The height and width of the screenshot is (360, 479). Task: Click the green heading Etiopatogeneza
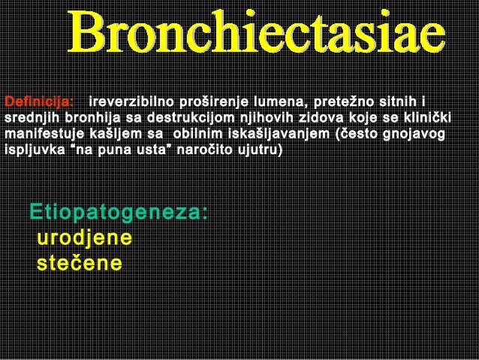point(119,213)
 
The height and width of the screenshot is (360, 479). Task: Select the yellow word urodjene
point(86,238)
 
